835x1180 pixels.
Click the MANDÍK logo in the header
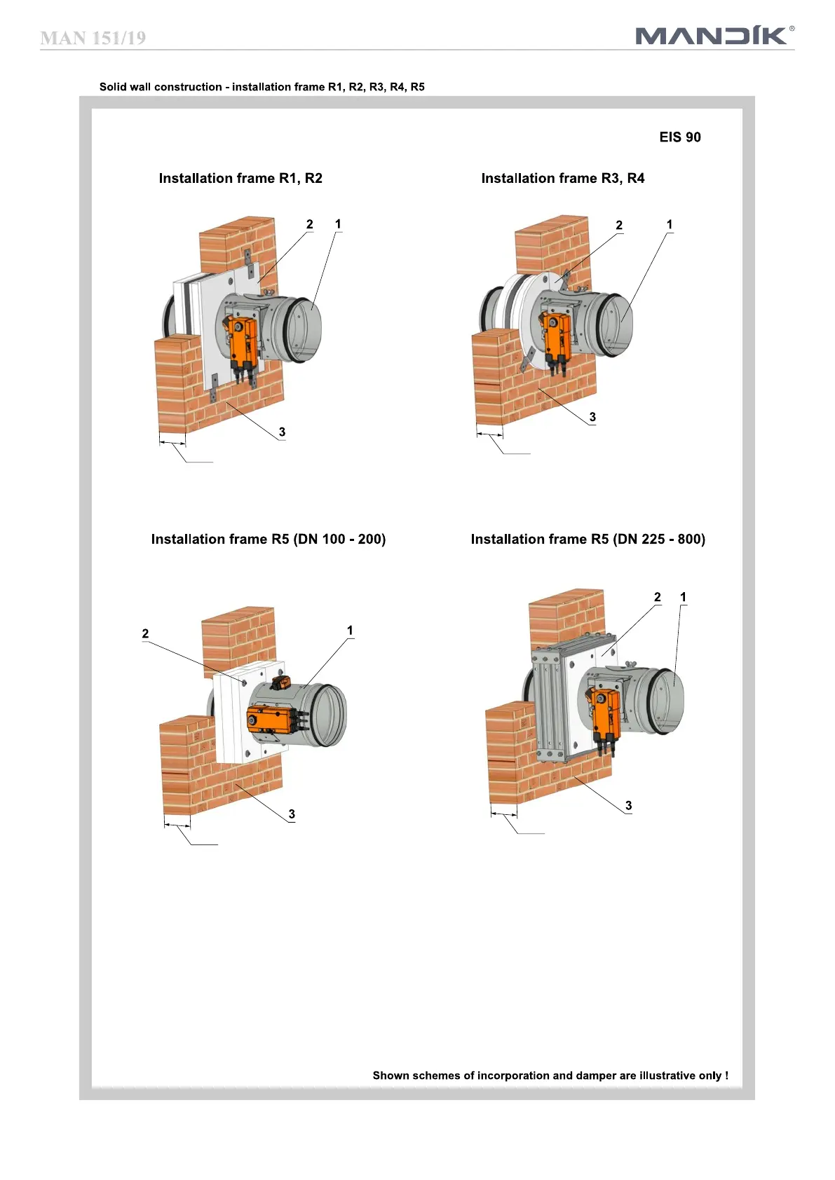click(714, 35)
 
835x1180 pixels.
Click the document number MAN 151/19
click(93, 38)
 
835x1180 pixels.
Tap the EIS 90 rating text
click(679, 137)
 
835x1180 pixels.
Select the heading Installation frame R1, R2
click(240, 179)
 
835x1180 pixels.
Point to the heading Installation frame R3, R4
click(562, 179)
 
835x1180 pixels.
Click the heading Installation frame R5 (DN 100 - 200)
click(269, 540)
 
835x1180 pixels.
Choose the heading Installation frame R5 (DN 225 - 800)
click(588, 540)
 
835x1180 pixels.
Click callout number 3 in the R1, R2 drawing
click(282, 432)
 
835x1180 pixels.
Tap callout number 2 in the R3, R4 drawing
click(619, 225)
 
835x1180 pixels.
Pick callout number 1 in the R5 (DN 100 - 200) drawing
click(350, 630)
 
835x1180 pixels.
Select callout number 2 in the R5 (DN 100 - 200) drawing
click(145, 633)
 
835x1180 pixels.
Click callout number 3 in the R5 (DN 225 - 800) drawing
click(628, 805)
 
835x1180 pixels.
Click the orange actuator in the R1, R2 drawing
click(242, 341)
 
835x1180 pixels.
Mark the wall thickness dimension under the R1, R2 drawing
click(172, 442)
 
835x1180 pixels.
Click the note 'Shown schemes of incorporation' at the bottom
click(550, 1076)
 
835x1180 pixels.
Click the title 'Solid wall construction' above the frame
click(262, 87)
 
